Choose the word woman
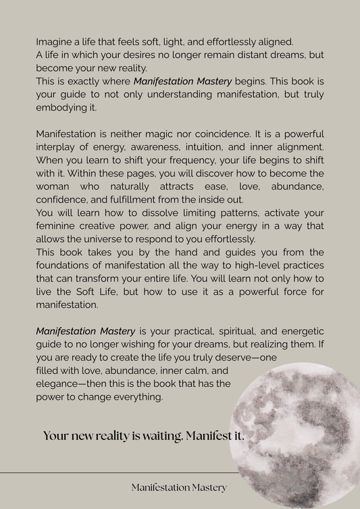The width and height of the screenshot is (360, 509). pos(55,186)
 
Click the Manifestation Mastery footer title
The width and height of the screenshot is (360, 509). pos(179,487)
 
